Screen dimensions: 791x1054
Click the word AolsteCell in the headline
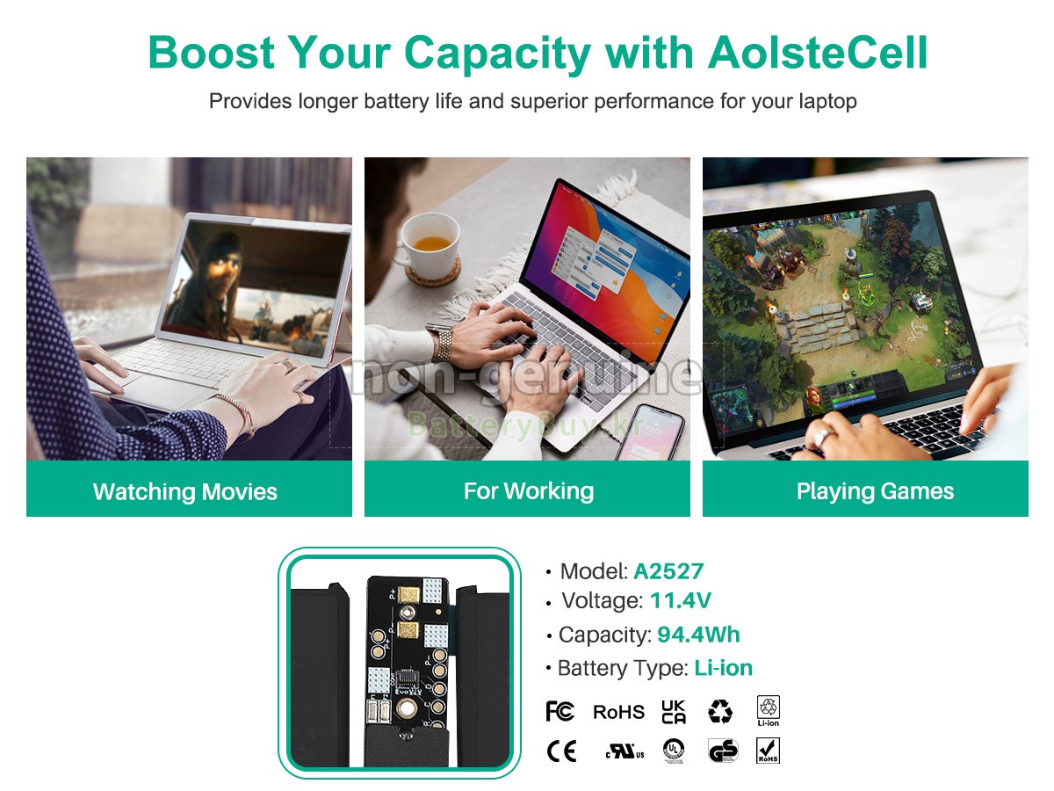tap(817, 53)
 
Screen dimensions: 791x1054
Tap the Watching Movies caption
tap(185, 491)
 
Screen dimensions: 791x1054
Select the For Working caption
tap(529, 490)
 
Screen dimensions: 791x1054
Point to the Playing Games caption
tap(875, 491)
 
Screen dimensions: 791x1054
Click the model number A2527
tap(668, 571)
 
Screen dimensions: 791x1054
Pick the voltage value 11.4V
tap(680, 601)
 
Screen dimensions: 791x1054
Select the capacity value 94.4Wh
tap(698, 635)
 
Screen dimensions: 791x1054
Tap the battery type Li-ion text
tap(723, 668)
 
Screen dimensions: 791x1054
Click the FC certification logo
tap(559, 711)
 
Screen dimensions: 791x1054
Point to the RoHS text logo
tap(618, 712)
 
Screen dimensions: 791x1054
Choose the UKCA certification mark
tap(674, 712)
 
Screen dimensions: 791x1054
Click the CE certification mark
tap(561, 751)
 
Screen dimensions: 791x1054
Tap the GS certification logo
tap(723, 751)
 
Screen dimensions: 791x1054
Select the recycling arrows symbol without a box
tap(720, 712)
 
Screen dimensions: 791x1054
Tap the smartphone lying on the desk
tap(649, 432)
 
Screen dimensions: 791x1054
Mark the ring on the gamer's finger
tap(823, 436)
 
